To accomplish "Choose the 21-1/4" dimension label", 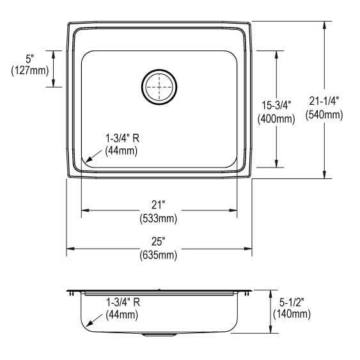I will (324, 100).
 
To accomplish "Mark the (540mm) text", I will (324, 115).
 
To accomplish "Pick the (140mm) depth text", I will (291, 314).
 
